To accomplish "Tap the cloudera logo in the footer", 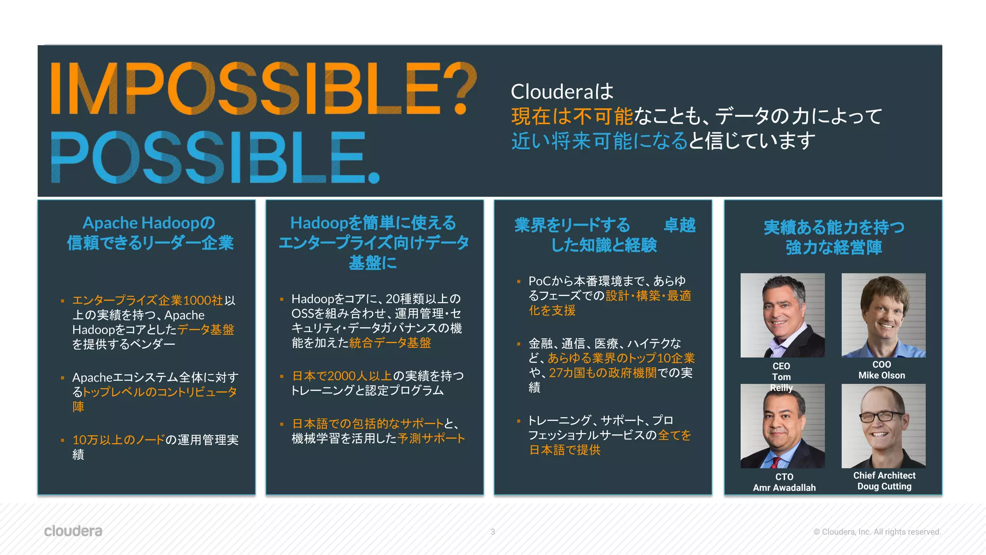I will pos(73,531).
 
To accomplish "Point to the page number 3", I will pos(493,532).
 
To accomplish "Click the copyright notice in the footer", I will pos(877,532).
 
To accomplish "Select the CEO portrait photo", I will pos(782,315).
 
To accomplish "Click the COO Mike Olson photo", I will pos(883,315).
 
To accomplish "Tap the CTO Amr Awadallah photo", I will pos(782,426).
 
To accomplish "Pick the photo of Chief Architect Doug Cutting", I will pos(883,426).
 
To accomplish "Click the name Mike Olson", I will pos(882,375).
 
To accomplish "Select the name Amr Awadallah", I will pos(784,488).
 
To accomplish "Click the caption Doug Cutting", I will pos(884,487).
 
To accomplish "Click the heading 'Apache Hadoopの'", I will pos(149,223).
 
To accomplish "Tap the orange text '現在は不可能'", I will pos(572,116).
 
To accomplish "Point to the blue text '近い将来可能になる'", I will pos(599,141).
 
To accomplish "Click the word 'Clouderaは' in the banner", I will pos(562,92).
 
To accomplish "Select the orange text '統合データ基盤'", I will pos(390,343).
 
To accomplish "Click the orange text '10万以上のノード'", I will pos(118,440).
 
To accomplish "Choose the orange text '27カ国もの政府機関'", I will pos(603,373).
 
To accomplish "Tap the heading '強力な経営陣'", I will pos(834,248).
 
